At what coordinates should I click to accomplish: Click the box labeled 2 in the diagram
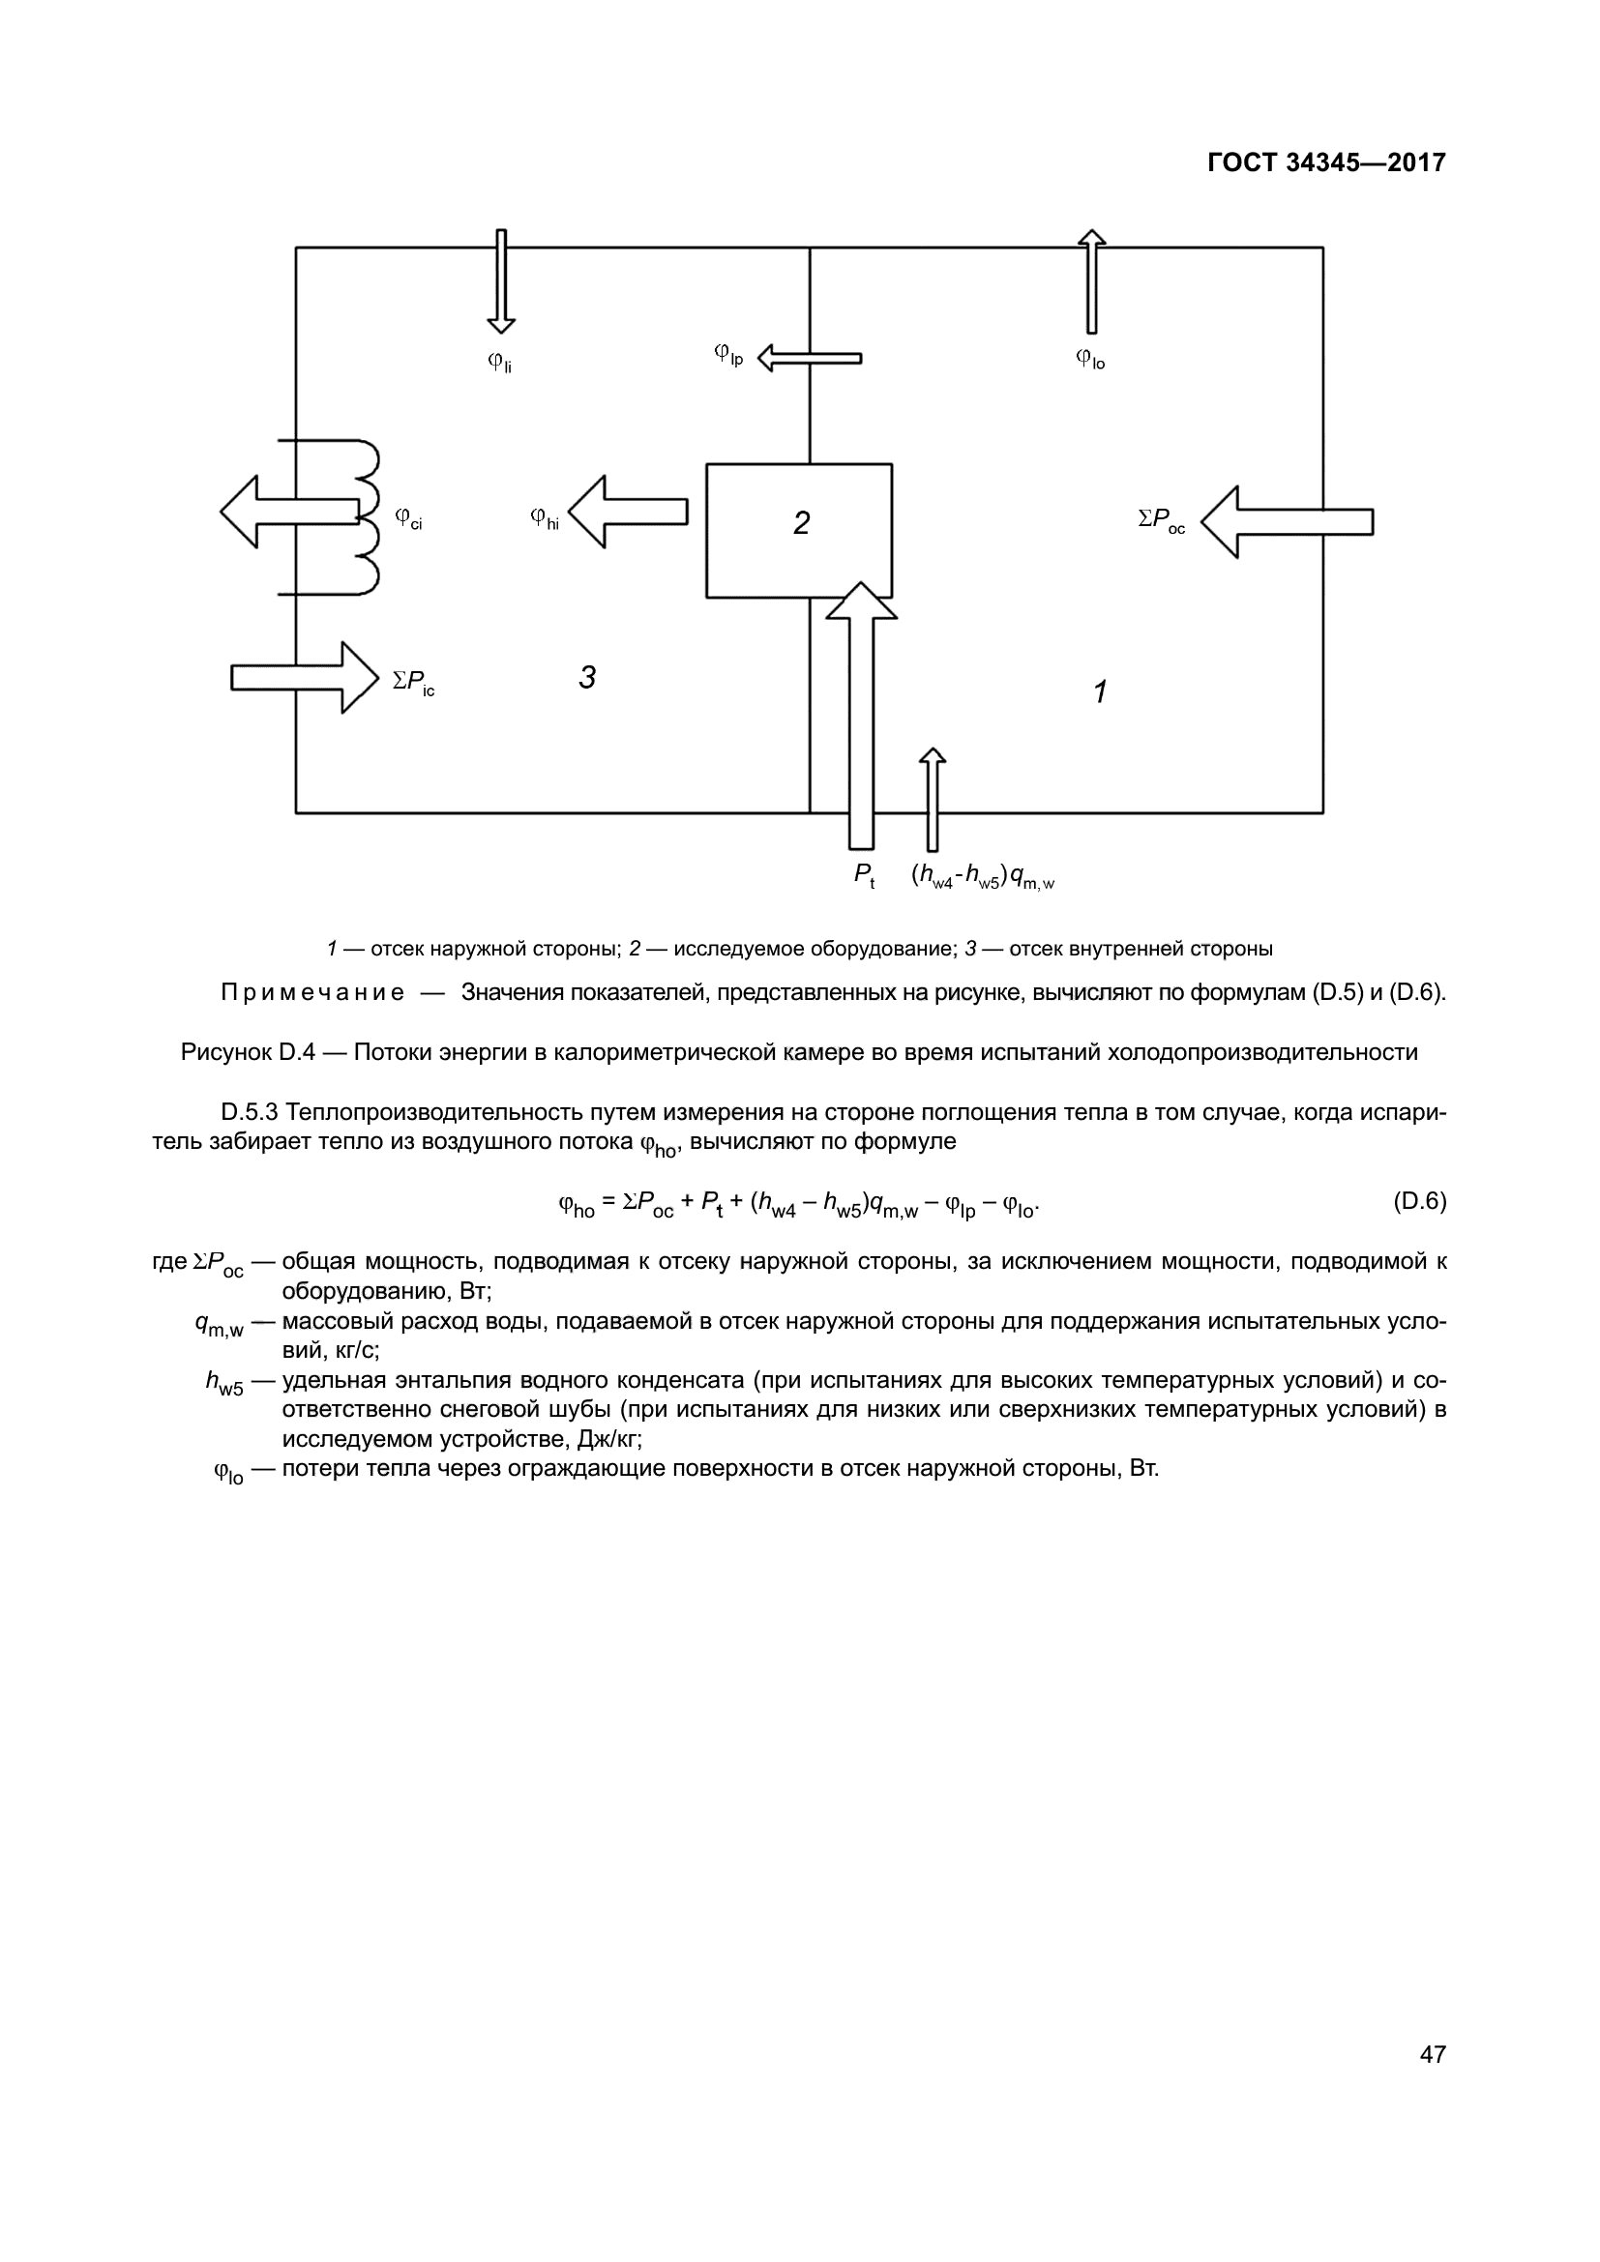pyautogui.click(x=799, y=530)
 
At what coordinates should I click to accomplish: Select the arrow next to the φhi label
pyautogui.click(x=629, y=512)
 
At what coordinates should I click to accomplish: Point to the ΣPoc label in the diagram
pyautogui.click(x=1162, y=520)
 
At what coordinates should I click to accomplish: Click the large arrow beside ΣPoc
pyautogui.click(x=1287, y=522)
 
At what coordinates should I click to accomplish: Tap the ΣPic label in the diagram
pyautogui.click(x=414, y=682)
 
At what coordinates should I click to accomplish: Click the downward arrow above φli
pyautogui.click(x=500, y=281)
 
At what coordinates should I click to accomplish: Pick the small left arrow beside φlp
pyautogui.click(x=809, y=358)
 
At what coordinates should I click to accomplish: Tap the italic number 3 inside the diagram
pyautogui.click(x=587, y=678)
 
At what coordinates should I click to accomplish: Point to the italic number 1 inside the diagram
pyautogui.click(x=1101, y=691)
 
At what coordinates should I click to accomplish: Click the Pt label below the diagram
pyautogui.click(x=864, y=875)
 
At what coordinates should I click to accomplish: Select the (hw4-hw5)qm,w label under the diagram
pyautogui.click(x=982, y=876)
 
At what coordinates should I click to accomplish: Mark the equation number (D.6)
pyautogui.click(x=1419, y=1201)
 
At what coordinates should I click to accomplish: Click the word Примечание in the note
pyautogui.click(x=312, y=992)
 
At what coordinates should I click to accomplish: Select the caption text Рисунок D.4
pyautogui.click(x=248, y=1052)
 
